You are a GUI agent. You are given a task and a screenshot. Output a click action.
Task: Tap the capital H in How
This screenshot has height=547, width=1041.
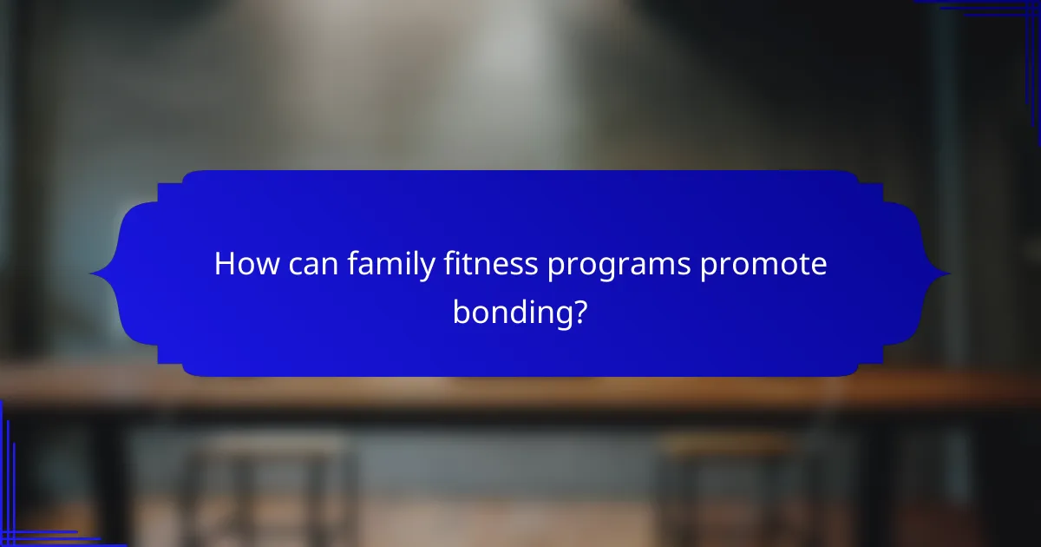(225, 264)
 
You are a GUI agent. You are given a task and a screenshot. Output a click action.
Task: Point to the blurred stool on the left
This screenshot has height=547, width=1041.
(269, 486)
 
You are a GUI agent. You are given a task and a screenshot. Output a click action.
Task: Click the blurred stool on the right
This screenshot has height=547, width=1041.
(729, 486)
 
